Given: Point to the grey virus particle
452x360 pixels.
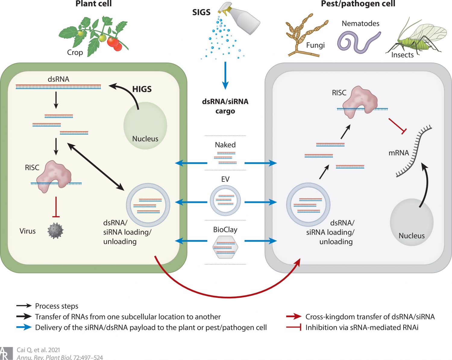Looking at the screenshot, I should click(55, 231).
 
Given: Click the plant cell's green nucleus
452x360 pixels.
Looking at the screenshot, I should click(145, 126).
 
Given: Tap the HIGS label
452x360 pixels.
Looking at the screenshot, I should click(142, 89).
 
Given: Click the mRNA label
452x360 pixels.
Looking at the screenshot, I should click(398, 153).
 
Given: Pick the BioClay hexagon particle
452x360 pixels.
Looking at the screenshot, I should click(225, 247).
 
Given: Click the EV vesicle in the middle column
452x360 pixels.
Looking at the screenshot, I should click(225, 200).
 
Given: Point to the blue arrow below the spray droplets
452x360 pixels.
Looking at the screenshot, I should click(225, 75).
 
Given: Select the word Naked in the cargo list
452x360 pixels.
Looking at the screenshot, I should click(225, 145).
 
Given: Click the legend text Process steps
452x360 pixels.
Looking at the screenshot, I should click(57, 306).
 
